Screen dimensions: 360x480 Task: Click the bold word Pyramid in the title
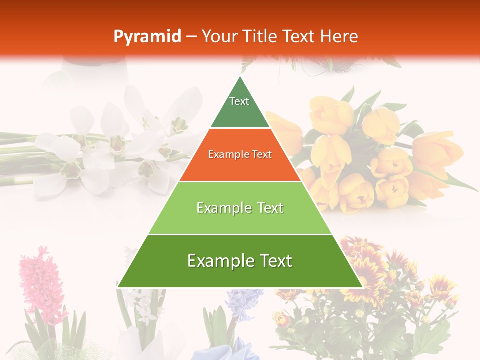coord(147,36)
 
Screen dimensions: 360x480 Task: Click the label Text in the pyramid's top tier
coord(239,101)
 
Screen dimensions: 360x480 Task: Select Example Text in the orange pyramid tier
coord(240,154)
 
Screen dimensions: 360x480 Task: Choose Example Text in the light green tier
coord(240,208)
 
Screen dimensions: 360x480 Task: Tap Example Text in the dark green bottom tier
coord(240,261)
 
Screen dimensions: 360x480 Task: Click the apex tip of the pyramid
coord(240,77)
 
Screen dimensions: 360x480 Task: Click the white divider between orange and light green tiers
coord(240,181)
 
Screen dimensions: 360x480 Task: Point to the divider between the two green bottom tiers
coord(240,234)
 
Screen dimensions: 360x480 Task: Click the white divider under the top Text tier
coord(240,128)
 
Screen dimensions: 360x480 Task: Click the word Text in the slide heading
coord(300,36)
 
